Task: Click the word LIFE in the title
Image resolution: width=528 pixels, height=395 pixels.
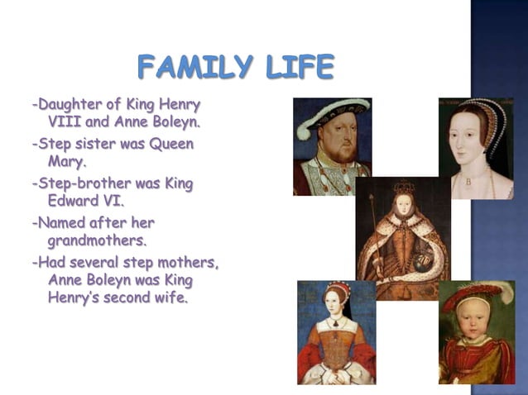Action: [295, 66]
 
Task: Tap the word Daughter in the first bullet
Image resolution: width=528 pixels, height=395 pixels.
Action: [70, 105]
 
